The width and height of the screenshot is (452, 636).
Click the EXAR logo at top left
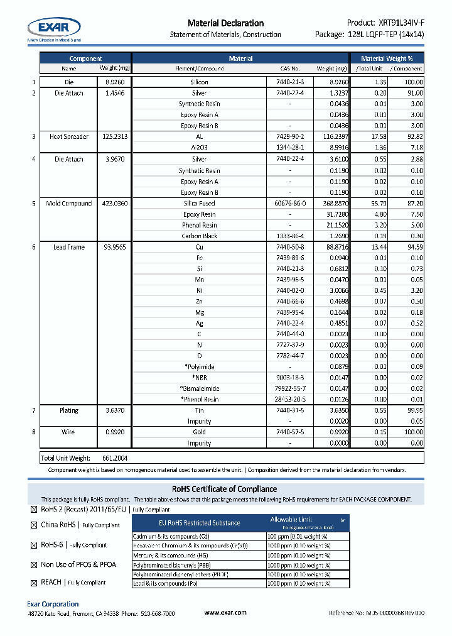[54, 28]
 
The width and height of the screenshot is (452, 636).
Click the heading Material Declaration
[225, 23]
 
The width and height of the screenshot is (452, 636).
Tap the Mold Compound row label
[68, 204]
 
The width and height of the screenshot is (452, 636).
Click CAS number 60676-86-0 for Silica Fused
[290, 204]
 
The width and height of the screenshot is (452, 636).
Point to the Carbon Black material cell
[200, 236]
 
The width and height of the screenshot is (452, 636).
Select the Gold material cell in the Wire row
[200, 432]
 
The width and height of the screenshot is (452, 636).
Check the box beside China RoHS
[34, 525]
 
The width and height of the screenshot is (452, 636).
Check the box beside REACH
[34, 583]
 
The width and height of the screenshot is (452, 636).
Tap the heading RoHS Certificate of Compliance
[225, 489]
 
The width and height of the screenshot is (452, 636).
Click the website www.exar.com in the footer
[225, 613]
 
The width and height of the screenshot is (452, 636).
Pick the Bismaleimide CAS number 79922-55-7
[290, 388]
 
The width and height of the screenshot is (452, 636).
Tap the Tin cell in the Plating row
[200, 410]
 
